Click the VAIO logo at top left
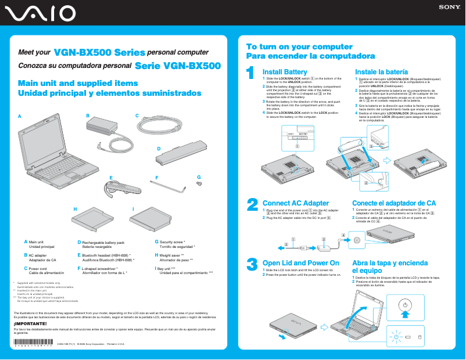coord(38,13)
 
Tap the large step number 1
coord(250,73)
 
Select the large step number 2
coord(252,204)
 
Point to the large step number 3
coord(252,264)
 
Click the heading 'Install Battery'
coord(285,71)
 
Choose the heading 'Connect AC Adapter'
coord(296,203)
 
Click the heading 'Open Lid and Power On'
coord(300,263)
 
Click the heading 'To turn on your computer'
coord(299,46)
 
